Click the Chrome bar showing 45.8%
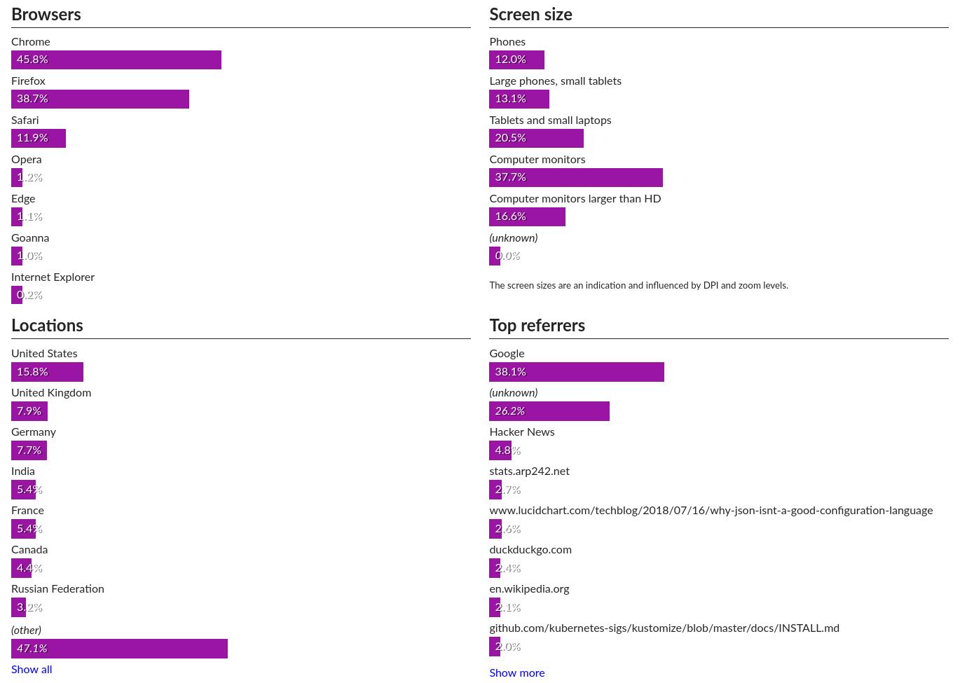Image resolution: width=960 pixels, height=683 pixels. (x=116, y=60)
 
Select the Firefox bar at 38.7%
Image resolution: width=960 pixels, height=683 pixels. (x=100, y=99)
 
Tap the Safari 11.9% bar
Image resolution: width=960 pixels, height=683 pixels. (x=39, y=139)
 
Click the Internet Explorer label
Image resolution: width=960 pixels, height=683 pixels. (x=53, y=277)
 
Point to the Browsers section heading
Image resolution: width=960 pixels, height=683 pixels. (x=46, y=15)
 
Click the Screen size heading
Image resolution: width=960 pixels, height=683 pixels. (x=530, y=15)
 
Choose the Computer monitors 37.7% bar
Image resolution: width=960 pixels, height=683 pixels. (x=576, y=178)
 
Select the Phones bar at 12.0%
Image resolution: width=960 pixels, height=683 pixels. (x=516, y=60)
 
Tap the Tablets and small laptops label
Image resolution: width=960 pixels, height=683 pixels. (x=550, y=120)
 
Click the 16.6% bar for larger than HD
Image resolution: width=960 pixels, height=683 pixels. (x=527, y=217)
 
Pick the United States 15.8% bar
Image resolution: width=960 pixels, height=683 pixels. (x=47, y=372)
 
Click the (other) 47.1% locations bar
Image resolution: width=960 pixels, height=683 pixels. (x=119, y=649)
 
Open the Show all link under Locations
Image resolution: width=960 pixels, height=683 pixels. (x=32, y=670)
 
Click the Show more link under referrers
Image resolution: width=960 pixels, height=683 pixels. (x=517, y=673)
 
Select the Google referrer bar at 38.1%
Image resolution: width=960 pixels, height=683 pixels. (x=577, y=372)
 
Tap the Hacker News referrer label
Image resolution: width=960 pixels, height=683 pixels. (x=522, y=432)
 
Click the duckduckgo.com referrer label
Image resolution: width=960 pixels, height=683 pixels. (x=530, y=550)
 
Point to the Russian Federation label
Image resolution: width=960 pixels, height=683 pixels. (x=57, y=589)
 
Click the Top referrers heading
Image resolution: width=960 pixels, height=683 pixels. (x=537, y=326)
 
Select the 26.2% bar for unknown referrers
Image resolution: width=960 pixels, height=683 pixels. (x=549, y=411)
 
